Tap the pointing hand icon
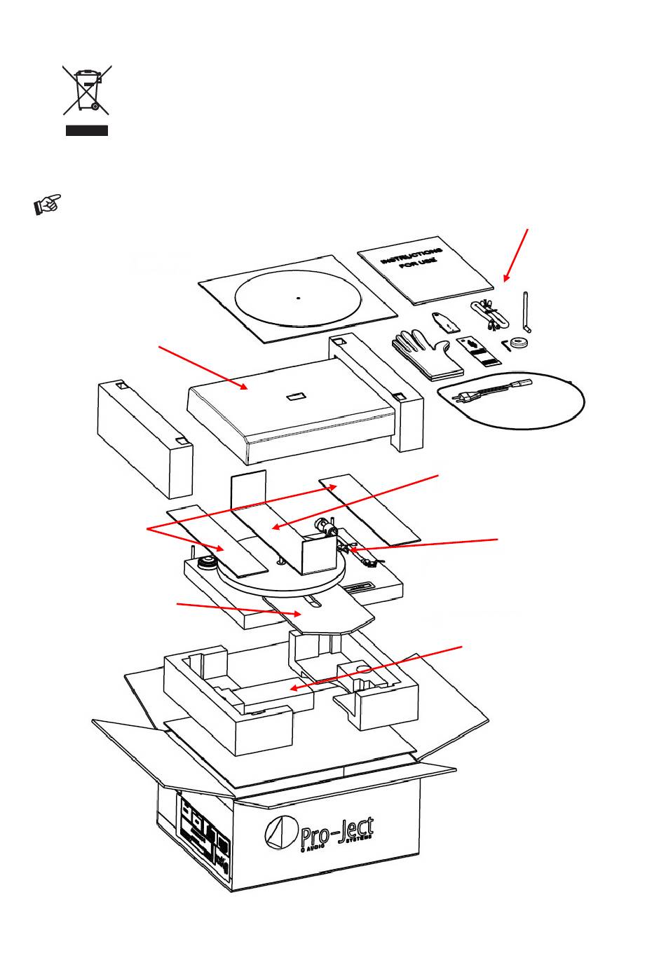(46, 204)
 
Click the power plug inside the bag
(466, 397)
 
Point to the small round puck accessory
(519, 344)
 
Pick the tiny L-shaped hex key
(506, 345)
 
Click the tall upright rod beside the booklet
(526, 312)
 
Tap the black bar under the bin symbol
(87, 130)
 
